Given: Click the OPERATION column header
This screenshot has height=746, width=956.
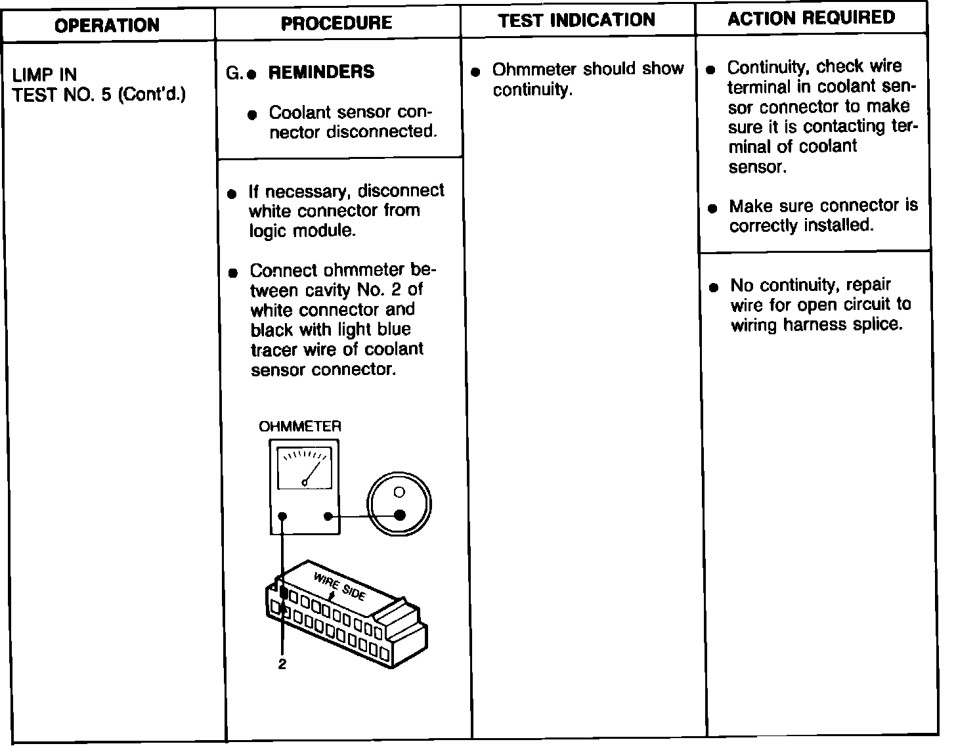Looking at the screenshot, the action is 107,26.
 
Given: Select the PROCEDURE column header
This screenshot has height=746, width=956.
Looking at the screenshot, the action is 336,24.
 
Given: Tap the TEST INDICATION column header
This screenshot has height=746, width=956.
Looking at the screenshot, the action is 576,20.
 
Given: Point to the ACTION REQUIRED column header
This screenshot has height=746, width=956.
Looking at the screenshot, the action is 811,18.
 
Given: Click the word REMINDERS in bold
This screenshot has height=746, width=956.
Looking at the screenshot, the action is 321,72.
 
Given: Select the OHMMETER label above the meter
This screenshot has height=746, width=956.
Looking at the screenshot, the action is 300,427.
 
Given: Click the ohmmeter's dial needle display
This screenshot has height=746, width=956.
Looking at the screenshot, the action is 305,468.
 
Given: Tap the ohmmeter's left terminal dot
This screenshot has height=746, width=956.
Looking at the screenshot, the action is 282,517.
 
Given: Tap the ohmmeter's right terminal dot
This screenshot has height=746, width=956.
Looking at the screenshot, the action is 328,517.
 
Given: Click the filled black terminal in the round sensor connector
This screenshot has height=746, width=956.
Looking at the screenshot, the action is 399,515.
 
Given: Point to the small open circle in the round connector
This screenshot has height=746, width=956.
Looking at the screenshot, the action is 399,492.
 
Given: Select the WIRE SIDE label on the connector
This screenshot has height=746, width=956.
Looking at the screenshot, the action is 339,586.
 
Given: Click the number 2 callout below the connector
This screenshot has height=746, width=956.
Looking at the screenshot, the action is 282,665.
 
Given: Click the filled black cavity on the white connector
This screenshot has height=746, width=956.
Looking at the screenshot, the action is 284,593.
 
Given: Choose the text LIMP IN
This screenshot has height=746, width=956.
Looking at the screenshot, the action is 45,74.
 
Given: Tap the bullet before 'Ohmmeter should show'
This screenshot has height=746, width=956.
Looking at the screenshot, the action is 477,70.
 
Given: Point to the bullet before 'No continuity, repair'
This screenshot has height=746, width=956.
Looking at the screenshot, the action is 713,287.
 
